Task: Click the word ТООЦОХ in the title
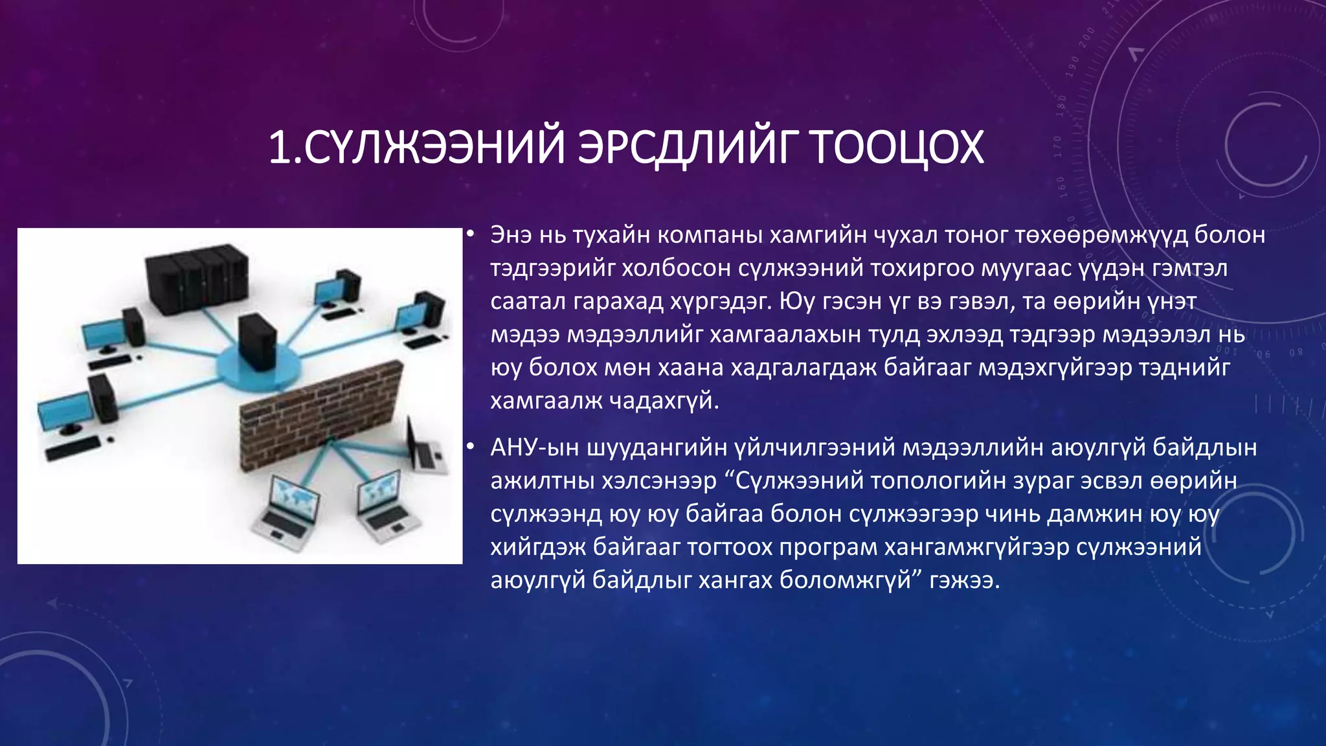[x=897, y=148]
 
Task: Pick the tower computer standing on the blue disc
[x=258, y=343]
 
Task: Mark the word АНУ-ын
[x=535, y=447]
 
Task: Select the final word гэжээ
[x=965, y=580]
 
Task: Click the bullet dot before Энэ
[x=471, y=234]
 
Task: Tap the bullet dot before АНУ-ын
[x=471, y=447]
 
